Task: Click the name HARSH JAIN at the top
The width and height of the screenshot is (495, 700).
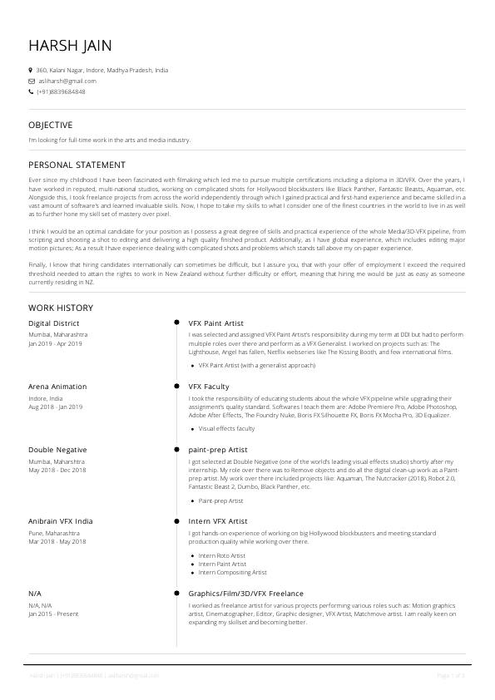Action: pos(70,45)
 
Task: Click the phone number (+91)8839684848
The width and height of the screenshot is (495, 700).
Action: pos(61,91)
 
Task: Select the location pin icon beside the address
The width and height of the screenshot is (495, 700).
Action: pos(31,71)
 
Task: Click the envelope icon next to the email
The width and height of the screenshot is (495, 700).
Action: pos(31,81)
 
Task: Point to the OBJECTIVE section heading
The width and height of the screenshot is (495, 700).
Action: pos(51,125)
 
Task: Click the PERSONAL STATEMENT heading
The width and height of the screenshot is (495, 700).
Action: pos(77,165)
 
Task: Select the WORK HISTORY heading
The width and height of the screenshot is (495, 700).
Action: pos(61,308)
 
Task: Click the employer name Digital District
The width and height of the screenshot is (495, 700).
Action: pos(54,323)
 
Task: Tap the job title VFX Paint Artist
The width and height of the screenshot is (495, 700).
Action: pos(216,323)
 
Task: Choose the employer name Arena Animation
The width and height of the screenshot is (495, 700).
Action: pos(57,387)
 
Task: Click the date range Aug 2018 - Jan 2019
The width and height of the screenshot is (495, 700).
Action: pos(56,407)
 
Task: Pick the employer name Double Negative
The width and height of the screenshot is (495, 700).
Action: pos(57,450)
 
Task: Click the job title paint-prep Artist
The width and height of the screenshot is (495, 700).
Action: pos(220,450)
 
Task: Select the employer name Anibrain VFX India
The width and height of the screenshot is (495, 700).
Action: pos(61,521)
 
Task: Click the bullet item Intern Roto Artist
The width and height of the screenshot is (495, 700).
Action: pos(222,555)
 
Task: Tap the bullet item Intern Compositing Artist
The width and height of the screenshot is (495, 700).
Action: pos(233,572)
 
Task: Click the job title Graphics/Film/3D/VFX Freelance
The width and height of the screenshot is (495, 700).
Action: pos(246,594)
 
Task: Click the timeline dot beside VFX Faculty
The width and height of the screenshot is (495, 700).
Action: pos(176,387)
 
